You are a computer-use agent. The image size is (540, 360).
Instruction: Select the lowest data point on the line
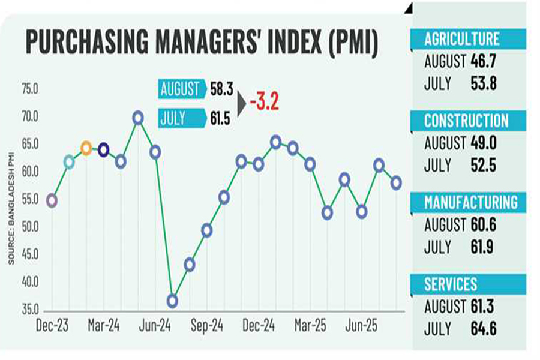pyautogui.click(x=173, y=301)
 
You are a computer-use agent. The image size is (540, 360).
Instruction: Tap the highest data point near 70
pyautogui.click(x=138, y=118)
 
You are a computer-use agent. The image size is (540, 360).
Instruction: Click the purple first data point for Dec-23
pyautogui.click(x=52, y=200)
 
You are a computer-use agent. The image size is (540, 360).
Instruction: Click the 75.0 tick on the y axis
pyautogui.click(x=29, y=89)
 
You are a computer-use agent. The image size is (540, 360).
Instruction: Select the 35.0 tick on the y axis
pyautogui.click(x=29, y=310)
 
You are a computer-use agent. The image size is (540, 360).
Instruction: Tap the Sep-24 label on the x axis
pyautogui.click(x=208, y=326)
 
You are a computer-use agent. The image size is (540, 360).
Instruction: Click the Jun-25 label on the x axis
pyautogui.click(x=362, y=326)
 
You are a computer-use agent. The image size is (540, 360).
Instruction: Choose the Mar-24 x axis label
pyautogui.click(x=103, y=326)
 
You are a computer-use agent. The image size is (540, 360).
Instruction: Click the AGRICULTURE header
pyautogui.click(x=461, y=40)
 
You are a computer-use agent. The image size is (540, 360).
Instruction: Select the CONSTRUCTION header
pyautogui.click(x=466, y=121)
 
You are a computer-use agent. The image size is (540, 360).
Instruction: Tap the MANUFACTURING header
pyautogui.click(x=470, y=202)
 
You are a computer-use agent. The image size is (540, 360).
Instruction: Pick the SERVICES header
pyautogui.click(x=451, y=284)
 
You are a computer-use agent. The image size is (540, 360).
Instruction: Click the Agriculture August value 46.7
pyautogui.click(x=484, y=61)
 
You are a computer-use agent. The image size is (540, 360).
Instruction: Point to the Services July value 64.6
pyautogui.click(x=484, y=329)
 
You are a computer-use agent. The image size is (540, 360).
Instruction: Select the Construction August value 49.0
pyautogui.click(x=484, y=143)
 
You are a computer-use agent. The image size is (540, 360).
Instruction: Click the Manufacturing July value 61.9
pyautogui.click(x=484, y=247)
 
